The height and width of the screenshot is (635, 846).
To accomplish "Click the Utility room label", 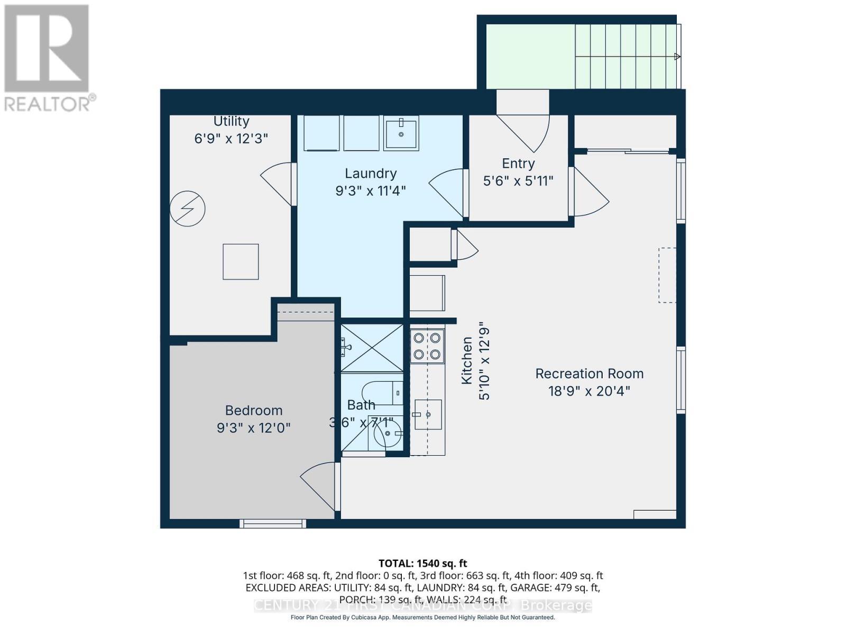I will coord(231,121).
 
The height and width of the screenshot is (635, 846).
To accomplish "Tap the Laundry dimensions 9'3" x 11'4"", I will coord(370,190).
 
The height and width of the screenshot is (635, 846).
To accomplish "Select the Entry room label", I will coord(518,164).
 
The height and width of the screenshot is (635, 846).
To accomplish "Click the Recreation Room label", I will coord(589,374).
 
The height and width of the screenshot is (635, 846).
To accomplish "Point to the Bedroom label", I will coord(253,410).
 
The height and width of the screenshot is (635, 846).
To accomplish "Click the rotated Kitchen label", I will coord(467,361).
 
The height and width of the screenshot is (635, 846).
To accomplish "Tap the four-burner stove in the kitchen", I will coord(427,346).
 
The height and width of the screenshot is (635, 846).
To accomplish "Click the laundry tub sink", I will coord(401,133).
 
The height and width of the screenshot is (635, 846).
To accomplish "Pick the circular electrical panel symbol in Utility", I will coord(187,208).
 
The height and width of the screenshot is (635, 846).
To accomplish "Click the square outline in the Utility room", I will coord(241,261).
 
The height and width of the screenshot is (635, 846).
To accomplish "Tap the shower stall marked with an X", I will coord(372,348).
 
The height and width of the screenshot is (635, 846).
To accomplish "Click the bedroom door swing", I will coord(319,484).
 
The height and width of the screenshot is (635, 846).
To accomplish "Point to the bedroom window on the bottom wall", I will coord(273,523).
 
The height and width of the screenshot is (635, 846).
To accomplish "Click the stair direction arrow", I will coord(677,56).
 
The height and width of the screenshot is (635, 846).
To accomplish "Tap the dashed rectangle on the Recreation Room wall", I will coord(667,275).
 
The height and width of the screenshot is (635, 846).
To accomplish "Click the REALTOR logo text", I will coord(50,103).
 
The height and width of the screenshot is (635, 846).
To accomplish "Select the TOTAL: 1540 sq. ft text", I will coord(422,564).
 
